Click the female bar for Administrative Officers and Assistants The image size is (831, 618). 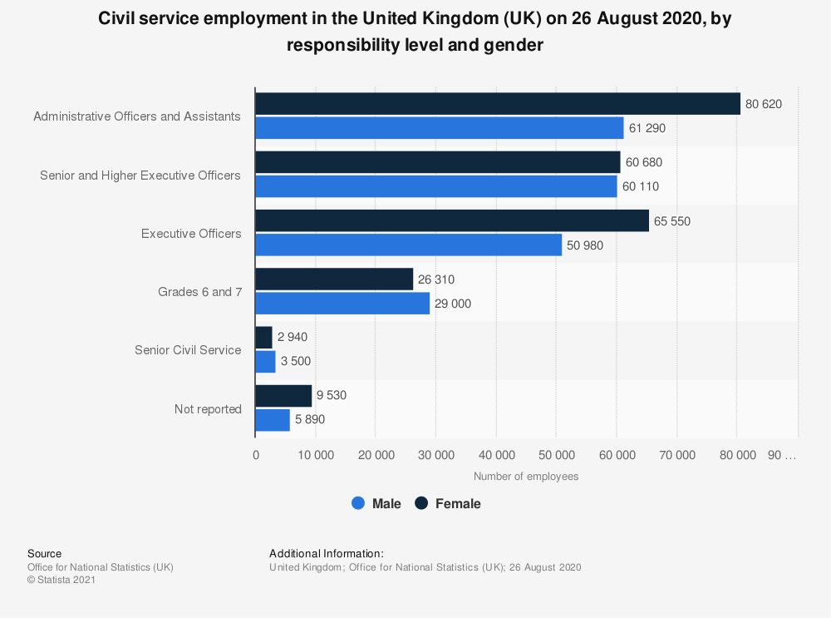tap(497, 104)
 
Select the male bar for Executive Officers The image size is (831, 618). tap(408, 245)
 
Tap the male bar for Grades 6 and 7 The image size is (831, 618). tap(342, 304)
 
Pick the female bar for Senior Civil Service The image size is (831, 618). tap(263, 338)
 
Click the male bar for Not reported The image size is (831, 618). tap(273, 420)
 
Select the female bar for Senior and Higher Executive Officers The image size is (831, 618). tap(437, 162)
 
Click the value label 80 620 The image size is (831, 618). tap(763, 104)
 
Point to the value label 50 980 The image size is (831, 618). tap(585, 245)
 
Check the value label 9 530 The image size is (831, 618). tap(331, 396)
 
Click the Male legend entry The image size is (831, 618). tap(376, 503)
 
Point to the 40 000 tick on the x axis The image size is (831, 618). tap(496, 455)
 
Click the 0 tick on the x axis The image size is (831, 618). tap(256, 455)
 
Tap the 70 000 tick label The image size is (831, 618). tap(676, 455)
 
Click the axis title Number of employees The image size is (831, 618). tap(525, 477)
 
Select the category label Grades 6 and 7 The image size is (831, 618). tap(199, 292)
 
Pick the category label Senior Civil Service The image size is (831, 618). tap(188, 350)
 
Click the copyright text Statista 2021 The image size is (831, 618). tap(61, 581)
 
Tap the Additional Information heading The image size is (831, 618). tap(326, 553)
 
